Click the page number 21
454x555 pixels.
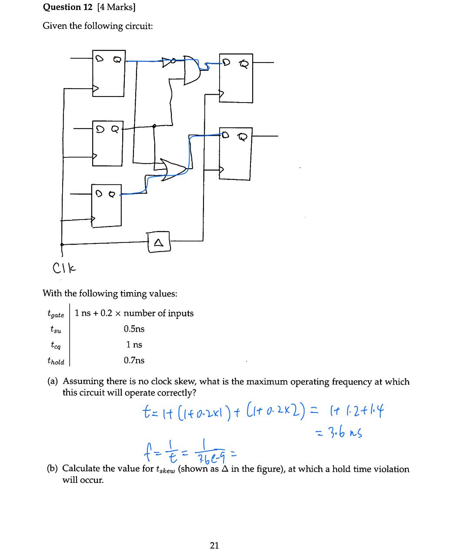point(214,545)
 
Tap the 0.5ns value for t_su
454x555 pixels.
point(134,329)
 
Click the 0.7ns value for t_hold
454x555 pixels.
point(134,360)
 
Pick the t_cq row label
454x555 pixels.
point(55,345)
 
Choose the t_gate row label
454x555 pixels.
point(55,314)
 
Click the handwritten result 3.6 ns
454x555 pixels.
point(340,432)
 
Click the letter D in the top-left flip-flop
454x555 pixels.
point(99,60)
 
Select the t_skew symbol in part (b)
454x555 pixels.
point(165,469)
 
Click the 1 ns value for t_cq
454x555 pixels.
point(134,345)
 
